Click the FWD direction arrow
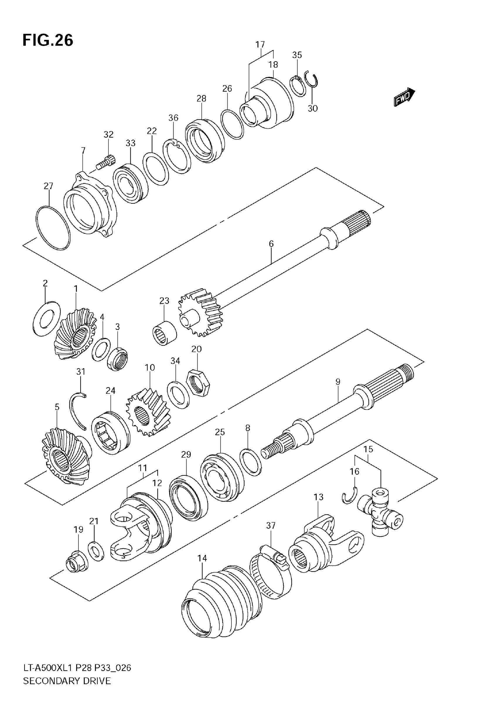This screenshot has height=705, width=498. point(404,97)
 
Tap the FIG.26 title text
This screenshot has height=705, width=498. point(48,40)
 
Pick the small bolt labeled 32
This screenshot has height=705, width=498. point(105,163)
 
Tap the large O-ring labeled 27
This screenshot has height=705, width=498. point(53,227)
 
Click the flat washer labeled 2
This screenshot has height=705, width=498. point(46,319)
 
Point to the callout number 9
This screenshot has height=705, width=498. point(338,382)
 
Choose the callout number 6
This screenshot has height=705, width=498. point(271,244)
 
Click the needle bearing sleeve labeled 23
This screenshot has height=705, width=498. point(164,332)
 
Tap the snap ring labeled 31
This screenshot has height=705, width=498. point(78,410)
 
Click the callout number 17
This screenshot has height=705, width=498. point(260,44)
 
